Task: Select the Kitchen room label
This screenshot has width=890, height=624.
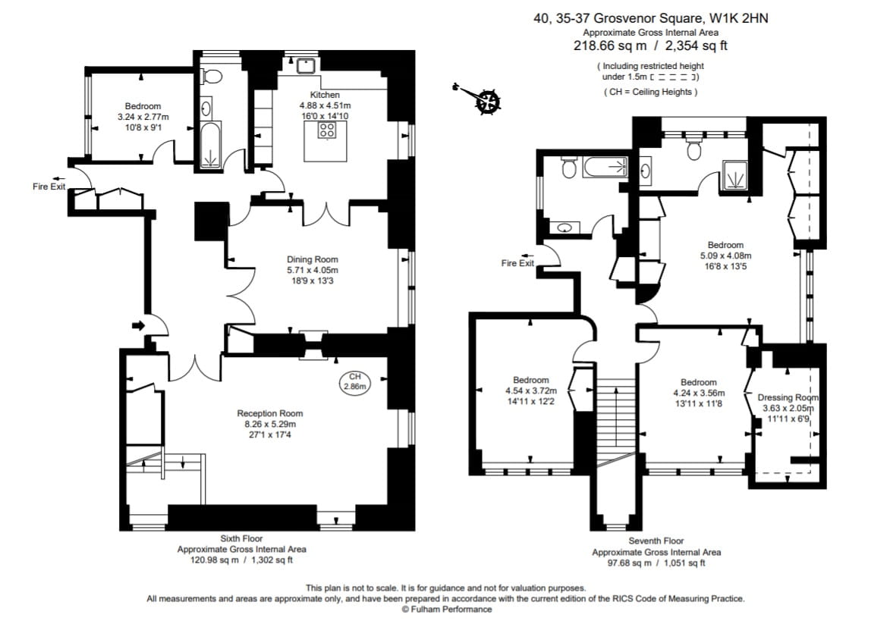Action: (325, 95)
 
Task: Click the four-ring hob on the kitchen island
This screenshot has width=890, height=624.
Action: (327, 129)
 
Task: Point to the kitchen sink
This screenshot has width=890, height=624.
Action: (307, 64)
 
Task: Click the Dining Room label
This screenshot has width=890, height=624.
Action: (312, 259)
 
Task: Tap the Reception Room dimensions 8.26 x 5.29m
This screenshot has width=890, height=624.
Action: (269, 424)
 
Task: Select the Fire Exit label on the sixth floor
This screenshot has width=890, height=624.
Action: (49, 187)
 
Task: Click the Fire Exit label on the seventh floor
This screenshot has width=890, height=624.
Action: (517, 263)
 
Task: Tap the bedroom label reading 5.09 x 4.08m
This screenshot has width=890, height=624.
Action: (725, 256)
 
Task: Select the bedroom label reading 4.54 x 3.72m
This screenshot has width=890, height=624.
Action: (530, 390)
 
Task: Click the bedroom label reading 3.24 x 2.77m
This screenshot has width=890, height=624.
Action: (143, 117)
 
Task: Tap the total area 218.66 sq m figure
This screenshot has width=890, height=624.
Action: (604, 45)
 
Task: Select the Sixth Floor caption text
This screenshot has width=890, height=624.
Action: (241, 538)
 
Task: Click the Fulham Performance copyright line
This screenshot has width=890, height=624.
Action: (446, 609)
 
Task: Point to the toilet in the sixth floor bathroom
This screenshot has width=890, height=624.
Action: (212, 76)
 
